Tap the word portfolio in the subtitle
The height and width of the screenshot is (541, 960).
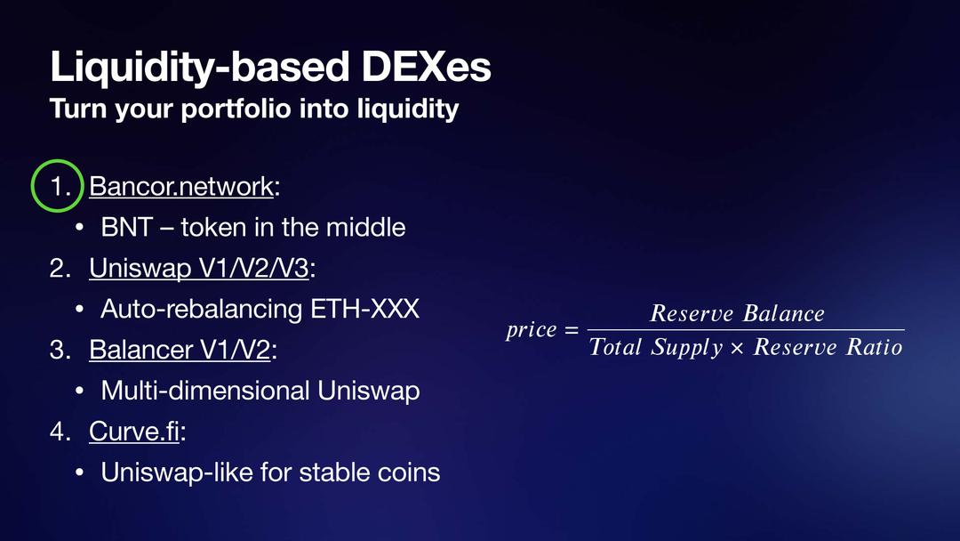coord(235,109)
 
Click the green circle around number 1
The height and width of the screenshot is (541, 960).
coord(32,186)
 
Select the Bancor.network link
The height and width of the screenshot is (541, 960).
coord(181,186)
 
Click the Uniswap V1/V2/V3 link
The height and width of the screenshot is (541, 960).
coord(199,269)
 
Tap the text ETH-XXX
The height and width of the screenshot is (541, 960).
coord(365,309)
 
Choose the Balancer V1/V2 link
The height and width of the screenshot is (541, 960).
coord(180,350)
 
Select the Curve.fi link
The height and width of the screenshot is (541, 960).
coord(134,432)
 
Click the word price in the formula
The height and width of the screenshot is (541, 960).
coord(532,331)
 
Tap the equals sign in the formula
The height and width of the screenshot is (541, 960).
coord(572,331)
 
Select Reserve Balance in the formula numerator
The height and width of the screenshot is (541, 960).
coord(737,313)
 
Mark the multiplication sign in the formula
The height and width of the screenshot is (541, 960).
coord(737,349)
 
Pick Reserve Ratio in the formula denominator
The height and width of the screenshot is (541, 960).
coord(828,347)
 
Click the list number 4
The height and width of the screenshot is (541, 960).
coord(60,432)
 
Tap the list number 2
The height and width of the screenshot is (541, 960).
coord(60,269)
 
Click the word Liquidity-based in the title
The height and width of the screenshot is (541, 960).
coord(200,68)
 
